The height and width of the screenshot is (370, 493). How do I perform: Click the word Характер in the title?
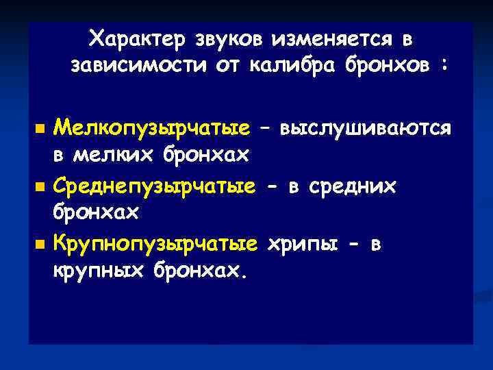click(x=135, y=39)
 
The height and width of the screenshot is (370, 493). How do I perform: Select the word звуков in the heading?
click(x=225, y=39)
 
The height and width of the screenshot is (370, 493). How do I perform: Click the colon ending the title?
click(x=446, y=67)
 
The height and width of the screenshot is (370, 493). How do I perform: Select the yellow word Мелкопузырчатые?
click(x=152, y=128)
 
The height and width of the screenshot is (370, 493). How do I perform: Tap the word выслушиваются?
click(x=365, y=128)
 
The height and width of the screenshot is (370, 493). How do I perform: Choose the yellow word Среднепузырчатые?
click(x=156, y=186)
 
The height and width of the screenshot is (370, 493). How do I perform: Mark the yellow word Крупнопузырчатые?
click(x=156, y=243)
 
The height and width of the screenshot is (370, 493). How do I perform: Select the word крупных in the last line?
click(x=97, y=271)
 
